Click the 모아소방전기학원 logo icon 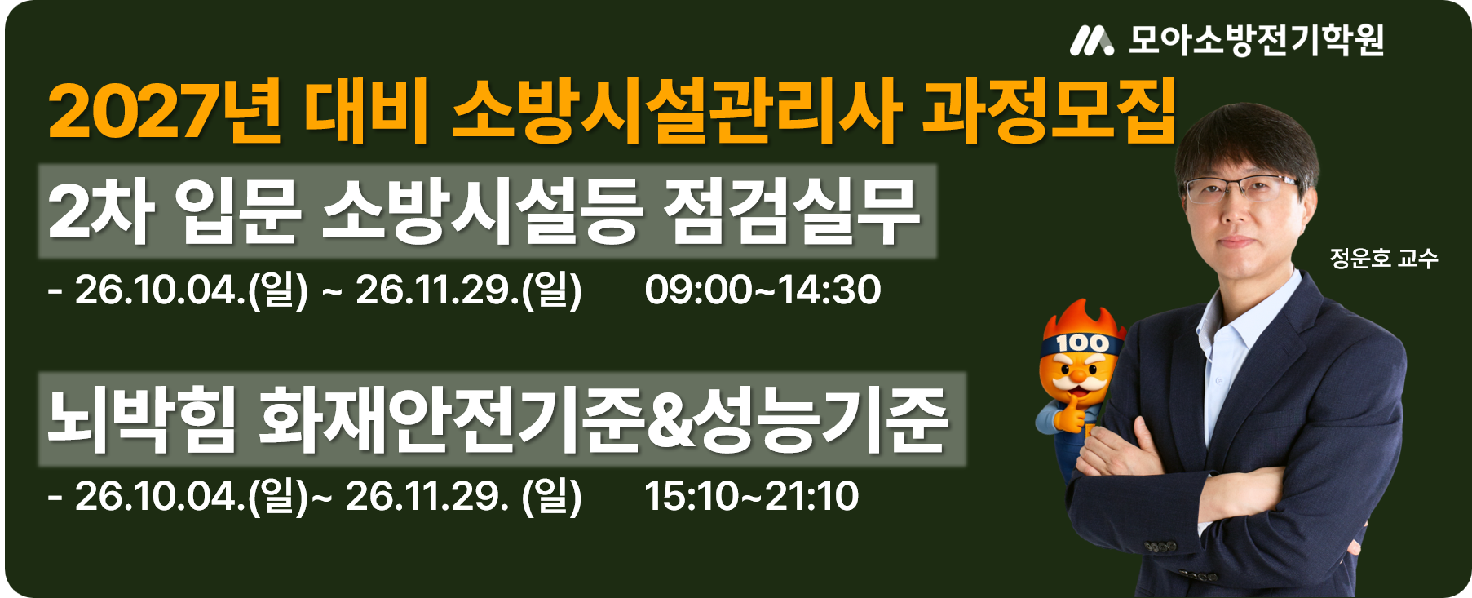coord(1092,40)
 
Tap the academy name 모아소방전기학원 coord(1256,40)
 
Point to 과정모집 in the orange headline coord(1049,111)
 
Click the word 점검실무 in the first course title coord(792,211)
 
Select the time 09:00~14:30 coord(763,290)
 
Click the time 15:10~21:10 coord(751,496)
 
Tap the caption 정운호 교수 coord(1384,259)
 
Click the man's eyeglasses coord(1240,189)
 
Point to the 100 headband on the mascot coord(1081,343)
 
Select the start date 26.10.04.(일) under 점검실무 coord(192,290)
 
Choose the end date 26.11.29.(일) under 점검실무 coord(469,290)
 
